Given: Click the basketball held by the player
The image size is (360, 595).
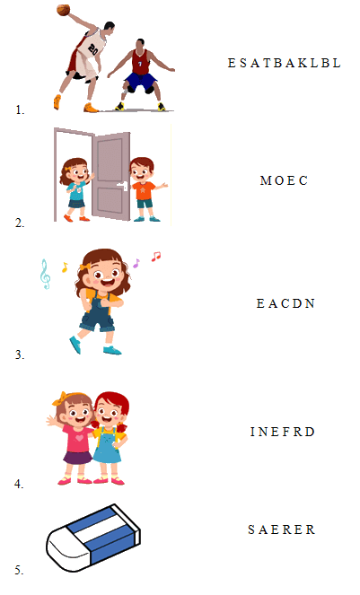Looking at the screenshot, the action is pyautogui.click(x=63, y=10).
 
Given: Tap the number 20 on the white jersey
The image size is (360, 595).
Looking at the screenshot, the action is pyautogui.click(x=93, y=49).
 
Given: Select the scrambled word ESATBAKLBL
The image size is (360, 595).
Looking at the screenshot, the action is pyautogui.click(x=285, y=63).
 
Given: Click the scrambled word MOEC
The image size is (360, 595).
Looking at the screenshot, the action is pyautogui.click(x=284, y=180).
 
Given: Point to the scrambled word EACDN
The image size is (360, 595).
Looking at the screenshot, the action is pyautogui.click(x=285, y=303).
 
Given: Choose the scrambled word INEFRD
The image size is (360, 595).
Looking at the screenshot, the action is pyautogui.click(x=283, y=432).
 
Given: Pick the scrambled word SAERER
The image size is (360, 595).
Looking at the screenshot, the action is pyautogui.click(x=281, y=529).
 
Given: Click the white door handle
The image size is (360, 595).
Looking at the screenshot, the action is pyautogui.click(x=123, y=186).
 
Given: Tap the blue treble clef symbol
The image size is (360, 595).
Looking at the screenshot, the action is pyautogui.click(x=45, y=274).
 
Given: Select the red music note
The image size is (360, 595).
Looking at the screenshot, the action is pyautogui.click(x=155, y=257).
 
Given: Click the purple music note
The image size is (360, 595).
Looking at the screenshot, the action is pyautogui.click(x=136, y=263).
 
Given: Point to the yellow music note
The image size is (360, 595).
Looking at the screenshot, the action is pyautogui.click(x=65, y=267).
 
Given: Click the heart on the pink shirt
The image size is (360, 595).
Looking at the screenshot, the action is pyautogui.click(x=79, y=437).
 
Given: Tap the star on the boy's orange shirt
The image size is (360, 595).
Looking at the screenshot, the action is pyautogui.click(x=143, y=188).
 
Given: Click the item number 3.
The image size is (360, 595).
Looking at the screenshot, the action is pyautogui.click(x=20, y=354).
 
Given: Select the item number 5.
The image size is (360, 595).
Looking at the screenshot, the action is pyautogui.click(x=20, y=570).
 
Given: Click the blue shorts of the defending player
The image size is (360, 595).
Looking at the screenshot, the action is pyautogui.click(x=141, y=81).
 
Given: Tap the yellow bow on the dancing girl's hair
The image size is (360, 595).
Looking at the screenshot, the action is pyautogui.click(x=85, y=267).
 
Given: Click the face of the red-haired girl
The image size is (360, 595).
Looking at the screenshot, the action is pyautogui.click(x=109, y=413).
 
